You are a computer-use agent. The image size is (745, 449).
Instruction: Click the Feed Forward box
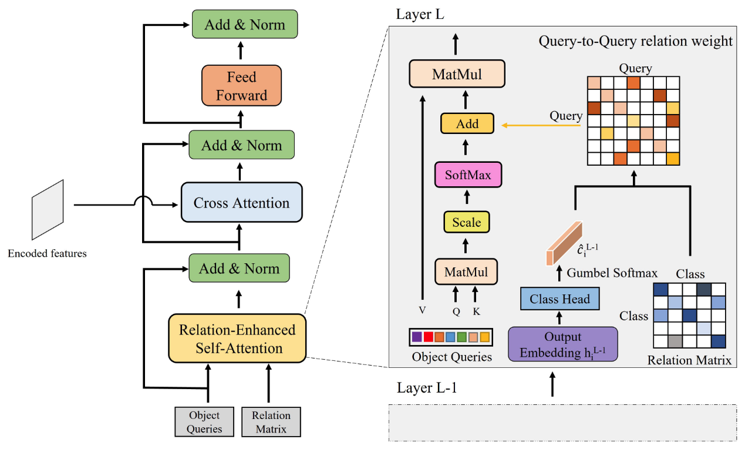point(241,86)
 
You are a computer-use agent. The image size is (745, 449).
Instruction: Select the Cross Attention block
point(241,203)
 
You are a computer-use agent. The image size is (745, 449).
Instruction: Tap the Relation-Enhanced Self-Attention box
point(237,339)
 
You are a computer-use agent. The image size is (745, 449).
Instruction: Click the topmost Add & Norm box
point(245,25)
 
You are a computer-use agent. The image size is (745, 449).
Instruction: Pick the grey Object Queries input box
point(204,422)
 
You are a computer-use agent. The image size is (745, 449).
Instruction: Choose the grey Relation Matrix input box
point(271,422)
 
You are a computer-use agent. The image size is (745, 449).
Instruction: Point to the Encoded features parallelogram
point(48,210)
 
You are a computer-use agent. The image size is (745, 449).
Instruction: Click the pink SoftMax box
point(468,175)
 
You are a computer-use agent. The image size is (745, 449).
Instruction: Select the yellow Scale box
point(467,222)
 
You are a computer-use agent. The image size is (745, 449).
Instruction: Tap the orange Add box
point(467,124)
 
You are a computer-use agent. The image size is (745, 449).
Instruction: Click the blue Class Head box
point(559,299)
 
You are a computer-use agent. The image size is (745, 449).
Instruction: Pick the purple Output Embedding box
point(562,344)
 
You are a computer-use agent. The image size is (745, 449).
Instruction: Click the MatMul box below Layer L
point(457,75)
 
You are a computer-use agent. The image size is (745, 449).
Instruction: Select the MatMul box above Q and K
point(466,272)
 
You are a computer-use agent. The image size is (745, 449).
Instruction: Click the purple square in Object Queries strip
point(417,337)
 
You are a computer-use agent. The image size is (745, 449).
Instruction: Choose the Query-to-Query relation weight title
point(635,41)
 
